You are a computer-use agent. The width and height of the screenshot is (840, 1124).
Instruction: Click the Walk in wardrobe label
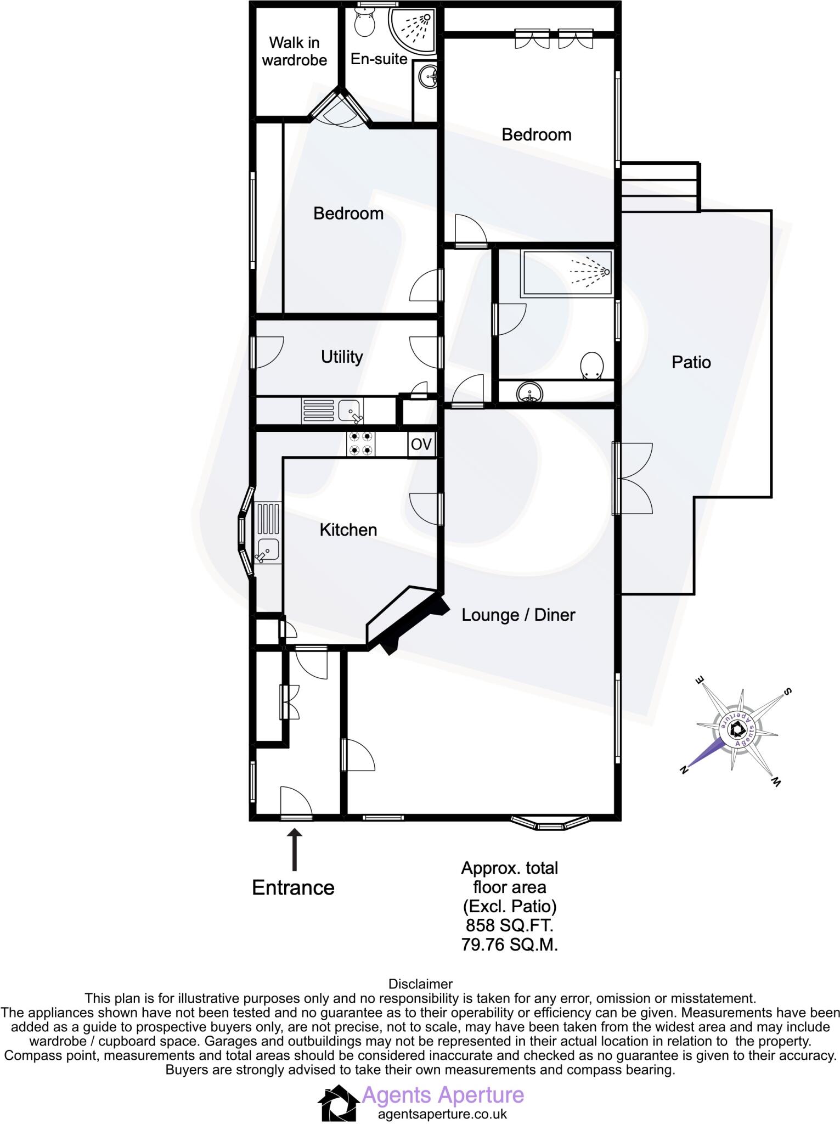[x=295, y=51]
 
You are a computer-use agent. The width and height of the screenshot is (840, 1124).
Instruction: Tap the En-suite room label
[x=379, y=59]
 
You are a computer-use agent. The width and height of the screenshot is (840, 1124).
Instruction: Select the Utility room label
[x=342, y=357]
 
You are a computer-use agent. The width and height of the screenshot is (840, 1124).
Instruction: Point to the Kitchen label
[x=348, y=530]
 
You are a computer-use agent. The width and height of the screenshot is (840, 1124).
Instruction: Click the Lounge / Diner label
[x=518, y=615]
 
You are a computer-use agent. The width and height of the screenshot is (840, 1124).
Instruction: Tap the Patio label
[x=691, y=362]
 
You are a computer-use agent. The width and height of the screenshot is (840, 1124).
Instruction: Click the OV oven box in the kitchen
[x=421, y=444]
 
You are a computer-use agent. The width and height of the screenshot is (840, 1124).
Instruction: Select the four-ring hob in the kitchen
[x=361, y=444]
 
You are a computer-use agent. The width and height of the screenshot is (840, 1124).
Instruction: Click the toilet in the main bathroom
[x=592, y=366]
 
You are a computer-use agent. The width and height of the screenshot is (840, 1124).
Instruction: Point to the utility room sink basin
[x=349, y=409]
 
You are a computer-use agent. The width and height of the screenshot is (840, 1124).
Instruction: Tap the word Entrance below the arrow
[x=293, y=887]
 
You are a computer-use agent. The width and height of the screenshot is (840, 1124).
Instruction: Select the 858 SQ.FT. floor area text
[x=510, y=926]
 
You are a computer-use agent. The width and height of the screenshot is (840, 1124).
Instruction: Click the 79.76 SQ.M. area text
[x=510, y=945]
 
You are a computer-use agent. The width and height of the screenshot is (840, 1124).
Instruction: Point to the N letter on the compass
[x=684, y=770]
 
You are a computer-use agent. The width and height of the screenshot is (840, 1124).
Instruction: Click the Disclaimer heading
[x=420, y=984]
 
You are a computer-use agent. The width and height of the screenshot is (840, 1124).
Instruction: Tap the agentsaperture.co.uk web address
[x=442, y=1114]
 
